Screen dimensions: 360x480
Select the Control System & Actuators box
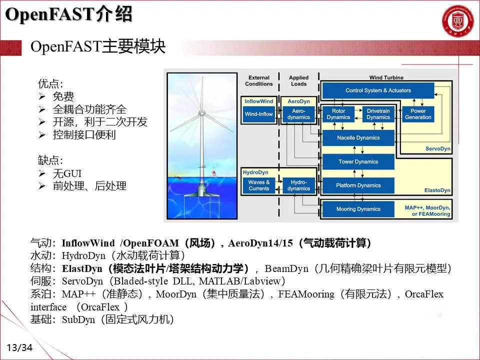[x=378, y=90]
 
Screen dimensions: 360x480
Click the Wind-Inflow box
[x=258, y=114]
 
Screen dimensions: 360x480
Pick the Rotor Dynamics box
[x=338, y=114]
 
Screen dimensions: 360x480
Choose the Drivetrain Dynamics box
[x=378, y=114]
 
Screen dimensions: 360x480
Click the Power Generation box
[x=418, y=114]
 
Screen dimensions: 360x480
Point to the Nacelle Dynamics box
[x=358, y=137]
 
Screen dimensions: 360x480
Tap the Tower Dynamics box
[x=358, y=161]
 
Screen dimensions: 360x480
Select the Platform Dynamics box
[x=358, y=185]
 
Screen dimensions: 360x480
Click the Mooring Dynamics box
[x=358, y=209]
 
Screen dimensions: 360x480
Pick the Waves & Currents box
[x=258, y=185]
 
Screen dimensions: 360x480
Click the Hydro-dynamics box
[x=298, y=185]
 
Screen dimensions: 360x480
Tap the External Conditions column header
[x=258, y=80]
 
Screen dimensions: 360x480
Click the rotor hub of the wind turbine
[x=201, y=113]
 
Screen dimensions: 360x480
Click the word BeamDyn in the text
[x=286, y=269]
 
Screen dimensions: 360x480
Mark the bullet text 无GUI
[x=67, y=173]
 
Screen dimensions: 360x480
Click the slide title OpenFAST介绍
[x=68, y=15]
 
